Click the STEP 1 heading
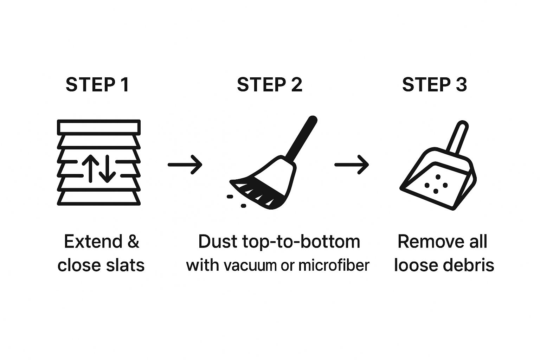(x=97, y=85)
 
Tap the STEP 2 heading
(x=270, y=85)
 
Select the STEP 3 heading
(x=435, y=85)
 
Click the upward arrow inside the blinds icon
(x=90, y=168)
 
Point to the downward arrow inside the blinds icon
(x=107, y=168)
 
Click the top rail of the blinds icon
(x=99, y=127)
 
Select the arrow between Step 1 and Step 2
(x=185, y=165)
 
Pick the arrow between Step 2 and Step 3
(x=352, y=165)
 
